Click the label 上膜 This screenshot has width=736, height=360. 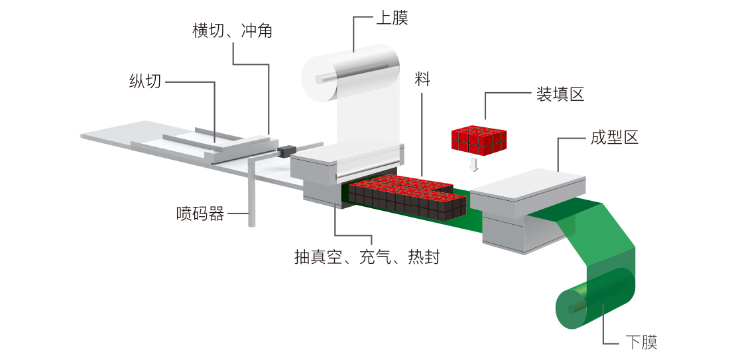[392, 18]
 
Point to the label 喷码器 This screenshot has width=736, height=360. [200, 214]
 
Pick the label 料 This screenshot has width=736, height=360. [422, 80]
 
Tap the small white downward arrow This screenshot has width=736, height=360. [473, 164]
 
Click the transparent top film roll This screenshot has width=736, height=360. [355, 74]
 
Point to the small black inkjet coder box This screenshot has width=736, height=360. [286, 151]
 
